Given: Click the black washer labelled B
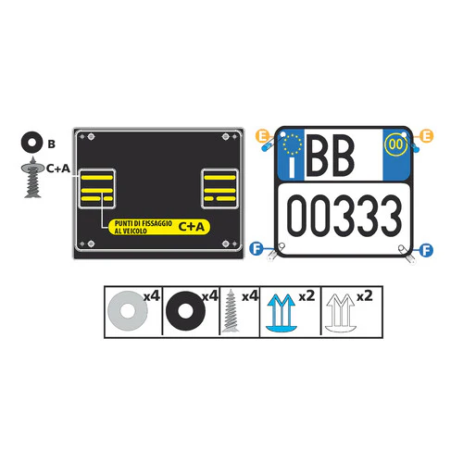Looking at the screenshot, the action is [31, 143].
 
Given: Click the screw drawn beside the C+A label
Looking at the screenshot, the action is [32, 178].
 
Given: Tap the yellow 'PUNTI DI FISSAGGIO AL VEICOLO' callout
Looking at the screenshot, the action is [159, 227].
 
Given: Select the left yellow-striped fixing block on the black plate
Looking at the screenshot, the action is [97, 189].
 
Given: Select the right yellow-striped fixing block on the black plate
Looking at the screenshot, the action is [219, 189].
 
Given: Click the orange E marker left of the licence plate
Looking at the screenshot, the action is [263, 136].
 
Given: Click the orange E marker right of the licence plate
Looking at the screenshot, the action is [427, 136].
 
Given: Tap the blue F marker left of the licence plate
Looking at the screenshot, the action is [257, 249].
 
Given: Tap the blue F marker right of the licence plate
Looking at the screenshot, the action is [426, 250].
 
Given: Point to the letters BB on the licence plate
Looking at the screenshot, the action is [330, 156].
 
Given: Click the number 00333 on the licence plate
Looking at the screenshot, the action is [344, 216].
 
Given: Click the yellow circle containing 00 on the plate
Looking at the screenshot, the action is [395, 144].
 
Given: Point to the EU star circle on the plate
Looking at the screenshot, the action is [292, 144].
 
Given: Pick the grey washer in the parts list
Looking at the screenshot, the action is [128, 310].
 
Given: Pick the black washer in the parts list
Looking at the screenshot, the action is [185, 311].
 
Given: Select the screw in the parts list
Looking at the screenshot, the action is [231, 310].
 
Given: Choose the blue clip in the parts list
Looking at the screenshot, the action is [281, 313].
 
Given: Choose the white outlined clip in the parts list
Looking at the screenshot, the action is [340, 313].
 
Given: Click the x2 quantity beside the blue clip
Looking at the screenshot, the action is [307, 296].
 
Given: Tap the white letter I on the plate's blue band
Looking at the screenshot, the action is [292, 168].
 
